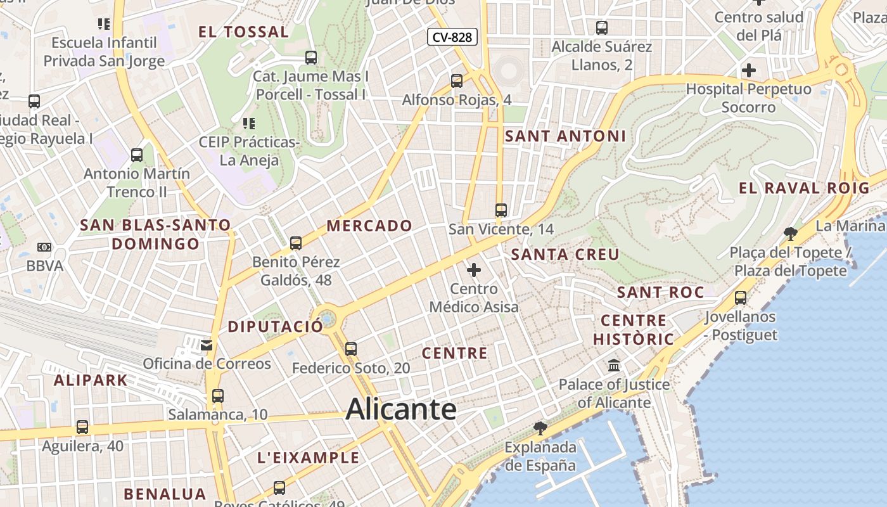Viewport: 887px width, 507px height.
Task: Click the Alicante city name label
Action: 401,409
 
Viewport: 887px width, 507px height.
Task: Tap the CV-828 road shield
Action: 452,37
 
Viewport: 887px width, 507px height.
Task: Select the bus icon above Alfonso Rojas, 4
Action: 456,81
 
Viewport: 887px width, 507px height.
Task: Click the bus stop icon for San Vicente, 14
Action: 501,210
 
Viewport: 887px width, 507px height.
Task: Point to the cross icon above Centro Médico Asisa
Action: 473,271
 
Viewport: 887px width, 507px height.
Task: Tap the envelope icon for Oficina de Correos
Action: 207,345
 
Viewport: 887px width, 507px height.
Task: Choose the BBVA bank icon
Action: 44,247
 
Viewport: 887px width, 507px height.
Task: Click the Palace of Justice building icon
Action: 613,366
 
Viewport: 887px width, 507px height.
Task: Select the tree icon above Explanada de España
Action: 540,428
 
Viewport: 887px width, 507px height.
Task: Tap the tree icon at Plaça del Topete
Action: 790,234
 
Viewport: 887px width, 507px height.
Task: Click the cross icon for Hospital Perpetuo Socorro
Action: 749,70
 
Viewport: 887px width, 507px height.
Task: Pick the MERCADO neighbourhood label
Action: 369,226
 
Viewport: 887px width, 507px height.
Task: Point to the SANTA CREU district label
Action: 565,255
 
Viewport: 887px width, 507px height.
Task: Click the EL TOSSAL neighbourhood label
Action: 243,32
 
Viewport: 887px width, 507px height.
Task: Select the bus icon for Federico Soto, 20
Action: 350,349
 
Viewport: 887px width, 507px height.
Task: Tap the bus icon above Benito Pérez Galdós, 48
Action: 295,243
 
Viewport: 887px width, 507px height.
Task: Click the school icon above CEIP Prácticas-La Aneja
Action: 248,123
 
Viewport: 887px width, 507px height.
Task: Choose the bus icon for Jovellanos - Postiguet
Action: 740,297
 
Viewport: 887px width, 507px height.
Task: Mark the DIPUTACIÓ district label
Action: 275,327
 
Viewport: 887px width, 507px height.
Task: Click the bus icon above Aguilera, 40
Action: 82,427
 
